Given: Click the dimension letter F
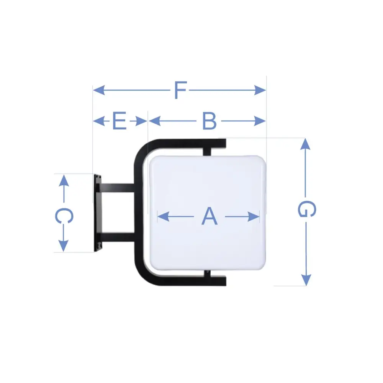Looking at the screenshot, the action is tap(181, 90).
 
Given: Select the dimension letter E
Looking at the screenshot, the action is tap(119, 121).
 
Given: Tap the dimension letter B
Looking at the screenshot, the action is tap(210, 121).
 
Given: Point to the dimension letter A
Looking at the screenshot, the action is tap(210, 216).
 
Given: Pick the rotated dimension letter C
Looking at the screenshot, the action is tap(64, 216).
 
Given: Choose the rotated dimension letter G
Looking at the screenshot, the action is tap(307, 209).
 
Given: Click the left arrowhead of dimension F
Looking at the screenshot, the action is tap(99, 90).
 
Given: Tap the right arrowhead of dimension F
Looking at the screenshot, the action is tap(260, 90).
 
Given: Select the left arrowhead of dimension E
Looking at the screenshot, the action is tap(99, 121).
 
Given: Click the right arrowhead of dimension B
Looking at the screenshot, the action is tap(260, 121).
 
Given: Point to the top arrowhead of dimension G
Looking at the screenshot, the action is tap(305, 144).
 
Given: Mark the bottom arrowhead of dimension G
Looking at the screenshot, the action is tap(306, 280).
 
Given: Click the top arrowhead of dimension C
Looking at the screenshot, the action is tap(64, 180).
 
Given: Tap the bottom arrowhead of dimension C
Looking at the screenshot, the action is tap(64, 246).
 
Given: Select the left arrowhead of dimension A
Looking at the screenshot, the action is tap(163, 216).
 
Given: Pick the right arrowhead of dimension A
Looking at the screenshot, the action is tap(254, 216).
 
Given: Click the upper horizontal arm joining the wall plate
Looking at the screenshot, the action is tap(118, 188).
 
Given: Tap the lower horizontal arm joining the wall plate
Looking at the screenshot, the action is tap(118, 237).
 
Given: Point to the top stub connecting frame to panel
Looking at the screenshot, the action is tap(207, 152).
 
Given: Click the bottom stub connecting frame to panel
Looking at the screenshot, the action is tap(207, 273).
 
